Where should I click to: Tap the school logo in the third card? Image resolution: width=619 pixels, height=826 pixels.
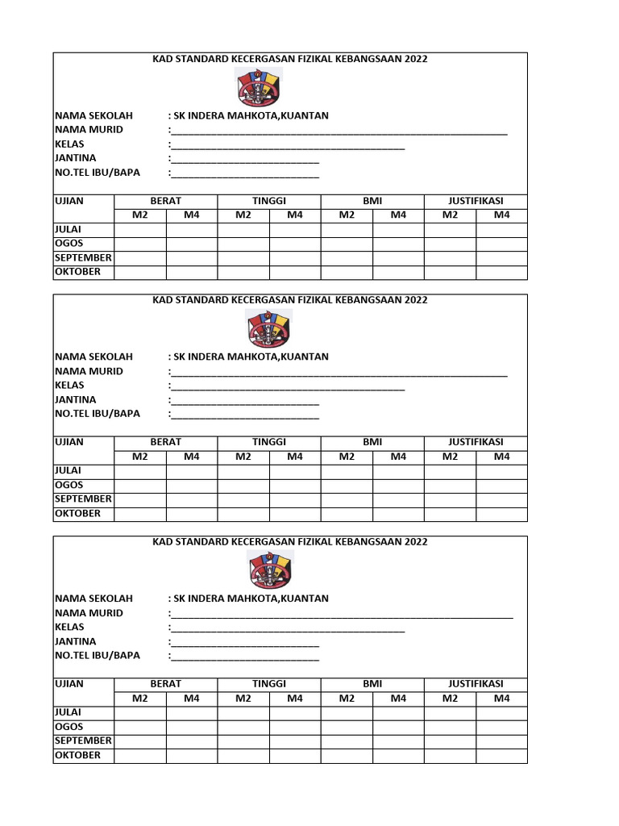pyautogui.click(x=269, y=570)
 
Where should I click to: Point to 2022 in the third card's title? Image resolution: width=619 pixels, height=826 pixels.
pyautogui.click(x=416, y=542)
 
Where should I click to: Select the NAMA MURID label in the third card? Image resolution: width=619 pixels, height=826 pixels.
pyautogui.click(x=89, y=613)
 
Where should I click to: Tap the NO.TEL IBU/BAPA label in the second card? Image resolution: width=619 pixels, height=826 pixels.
pyautogui.click(x=97, y=414)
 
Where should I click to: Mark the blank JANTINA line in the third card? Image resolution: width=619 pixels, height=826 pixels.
pyautogui.click(x=245, y=642)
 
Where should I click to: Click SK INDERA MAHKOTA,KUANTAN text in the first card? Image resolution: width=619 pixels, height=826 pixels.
pyautogui.click(x=251, y=115)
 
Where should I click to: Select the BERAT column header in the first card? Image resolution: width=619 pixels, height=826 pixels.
pyautogui.click(x=165, y=201)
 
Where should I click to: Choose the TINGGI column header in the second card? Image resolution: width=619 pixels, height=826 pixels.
pyautogui.click(x=269, y=442)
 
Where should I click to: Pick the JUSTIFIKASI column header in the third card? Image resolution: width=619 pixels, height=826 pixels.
pyautogui.click(x=476, y=684)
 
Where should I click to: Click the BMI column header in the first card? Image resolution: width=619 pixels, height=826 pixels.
pyautogui.click(x=372, y=201)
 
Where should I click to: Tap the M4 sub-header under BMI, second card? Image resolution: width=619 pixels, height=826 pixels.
pyautogui.click(x=398, y=457)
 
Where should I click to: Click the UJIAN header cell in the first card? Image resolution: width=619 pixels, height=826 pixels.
pyautogui.click(x=69, y=201)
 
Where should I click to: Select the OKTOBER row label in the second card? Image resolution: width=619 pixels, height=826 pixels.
pyautogui.click(x=77, y=514)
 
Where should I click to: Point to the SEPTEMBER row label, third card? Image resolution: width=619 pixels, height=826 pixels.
pyautogui.click(x=83, y=740)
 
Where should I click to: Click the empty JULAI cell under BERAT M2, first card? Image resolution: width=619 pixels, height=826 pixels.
pyautogui.click(x=140, y=230)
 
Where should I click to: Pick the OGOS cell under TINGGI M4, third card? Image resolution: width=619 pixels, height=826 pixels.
pyautogui.click(x=295, y=728)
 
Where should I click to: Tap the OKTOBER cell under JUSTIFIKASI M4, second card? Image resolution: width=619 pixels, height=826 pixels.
pyautogui.click(x=501, y=514)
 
